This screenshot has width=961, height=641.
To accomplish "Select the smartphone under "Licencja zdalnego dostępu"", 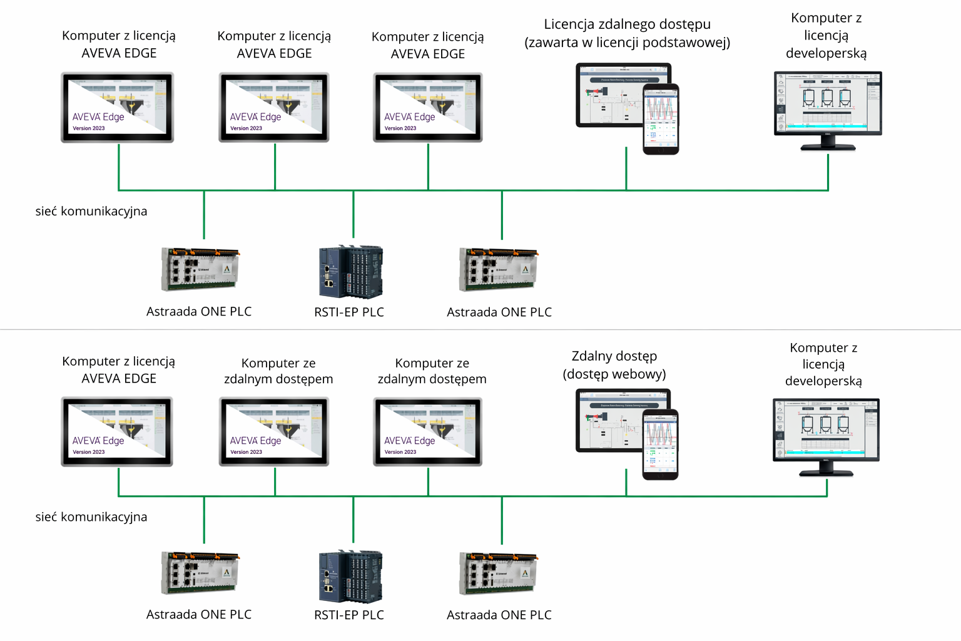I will pos(661,119).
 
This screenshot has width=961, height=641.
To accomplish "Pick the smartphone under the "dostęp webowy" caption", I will pos(661,444).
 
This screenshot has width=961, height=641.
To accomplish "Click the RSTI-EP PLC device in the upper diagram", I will pos(351,272).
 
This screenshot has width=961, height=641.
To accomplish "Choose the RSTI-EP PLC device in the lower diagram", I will pos(350,576).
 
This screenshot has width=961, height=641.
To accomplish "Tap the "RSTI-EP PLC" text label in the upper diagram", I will pos(349,312).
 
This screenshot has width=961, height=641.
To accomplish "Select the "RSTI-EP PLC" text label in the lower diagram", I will pos(349,615).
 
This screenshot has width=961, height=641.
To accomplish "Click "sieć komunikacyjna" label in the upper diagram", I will pos(91,212).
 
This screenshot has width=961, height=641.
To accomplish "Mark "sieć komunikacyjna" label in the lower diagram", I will pos(91,517).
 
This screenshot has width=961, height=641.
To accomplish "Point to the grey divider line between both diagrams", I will pos(480,329).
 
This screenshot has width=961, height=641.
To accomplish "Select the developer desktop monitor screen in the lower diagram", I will pos(826,428).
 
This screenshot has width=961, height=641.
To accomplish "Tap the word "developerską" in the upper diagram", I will pos(826,53).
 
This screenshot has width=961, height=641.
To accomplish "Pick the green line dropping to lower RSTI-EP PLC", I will pos(353,520).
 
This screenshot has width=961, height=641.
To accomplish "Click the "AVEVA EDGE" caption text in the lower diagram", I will pos(119,379).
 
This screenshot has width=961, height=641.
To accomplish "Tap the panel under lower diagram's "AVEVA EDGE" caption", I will pos(117,431).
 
